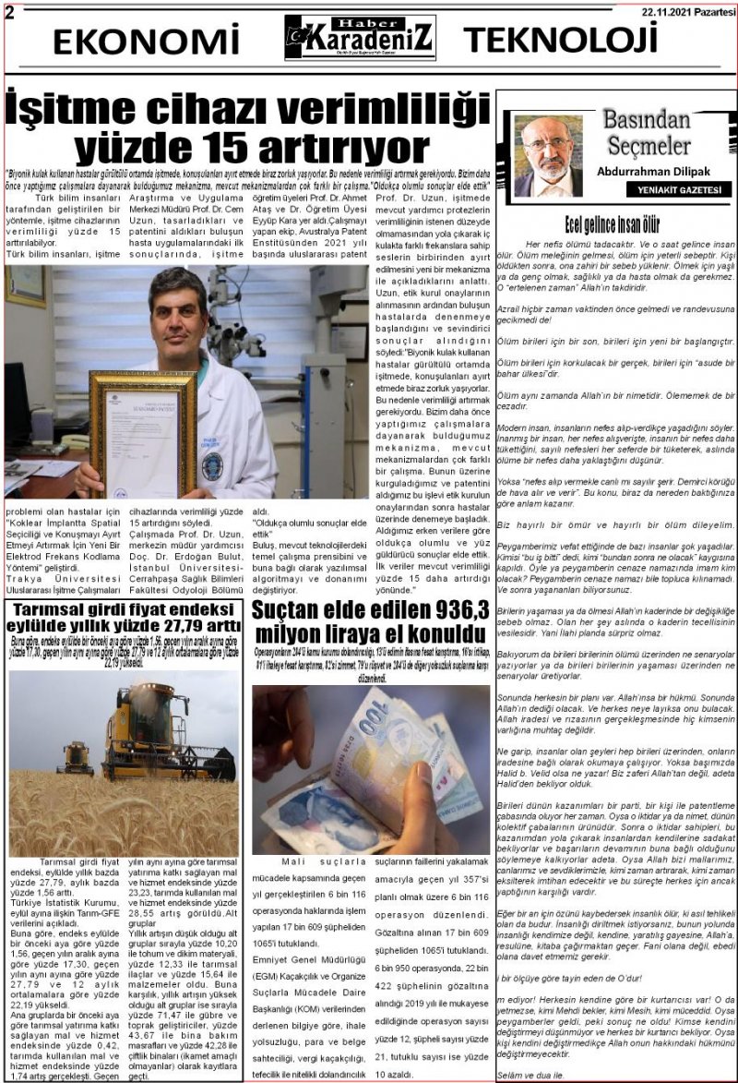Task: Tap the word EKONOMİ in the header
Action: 146,42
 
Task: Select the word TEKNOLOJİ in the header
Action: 560,41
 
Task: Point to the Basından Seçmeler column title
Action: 647,132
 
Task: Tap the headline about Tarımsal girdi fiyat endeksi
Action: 125,620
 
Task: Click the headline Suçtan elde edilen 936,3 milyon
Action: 371,620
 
